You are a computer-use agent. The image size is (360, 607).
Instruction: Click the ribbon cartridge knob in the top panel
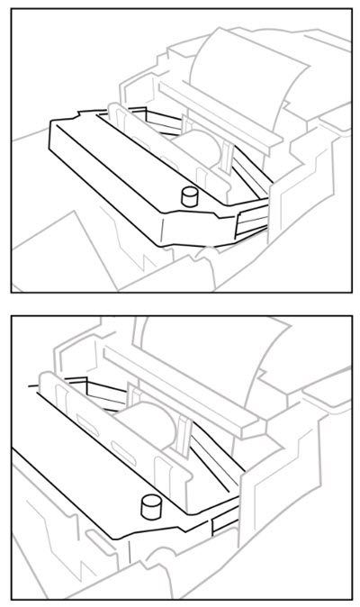(188, 195)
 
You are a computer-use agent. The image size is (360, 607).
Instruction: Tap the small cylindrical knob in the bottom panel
(149, 507)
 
